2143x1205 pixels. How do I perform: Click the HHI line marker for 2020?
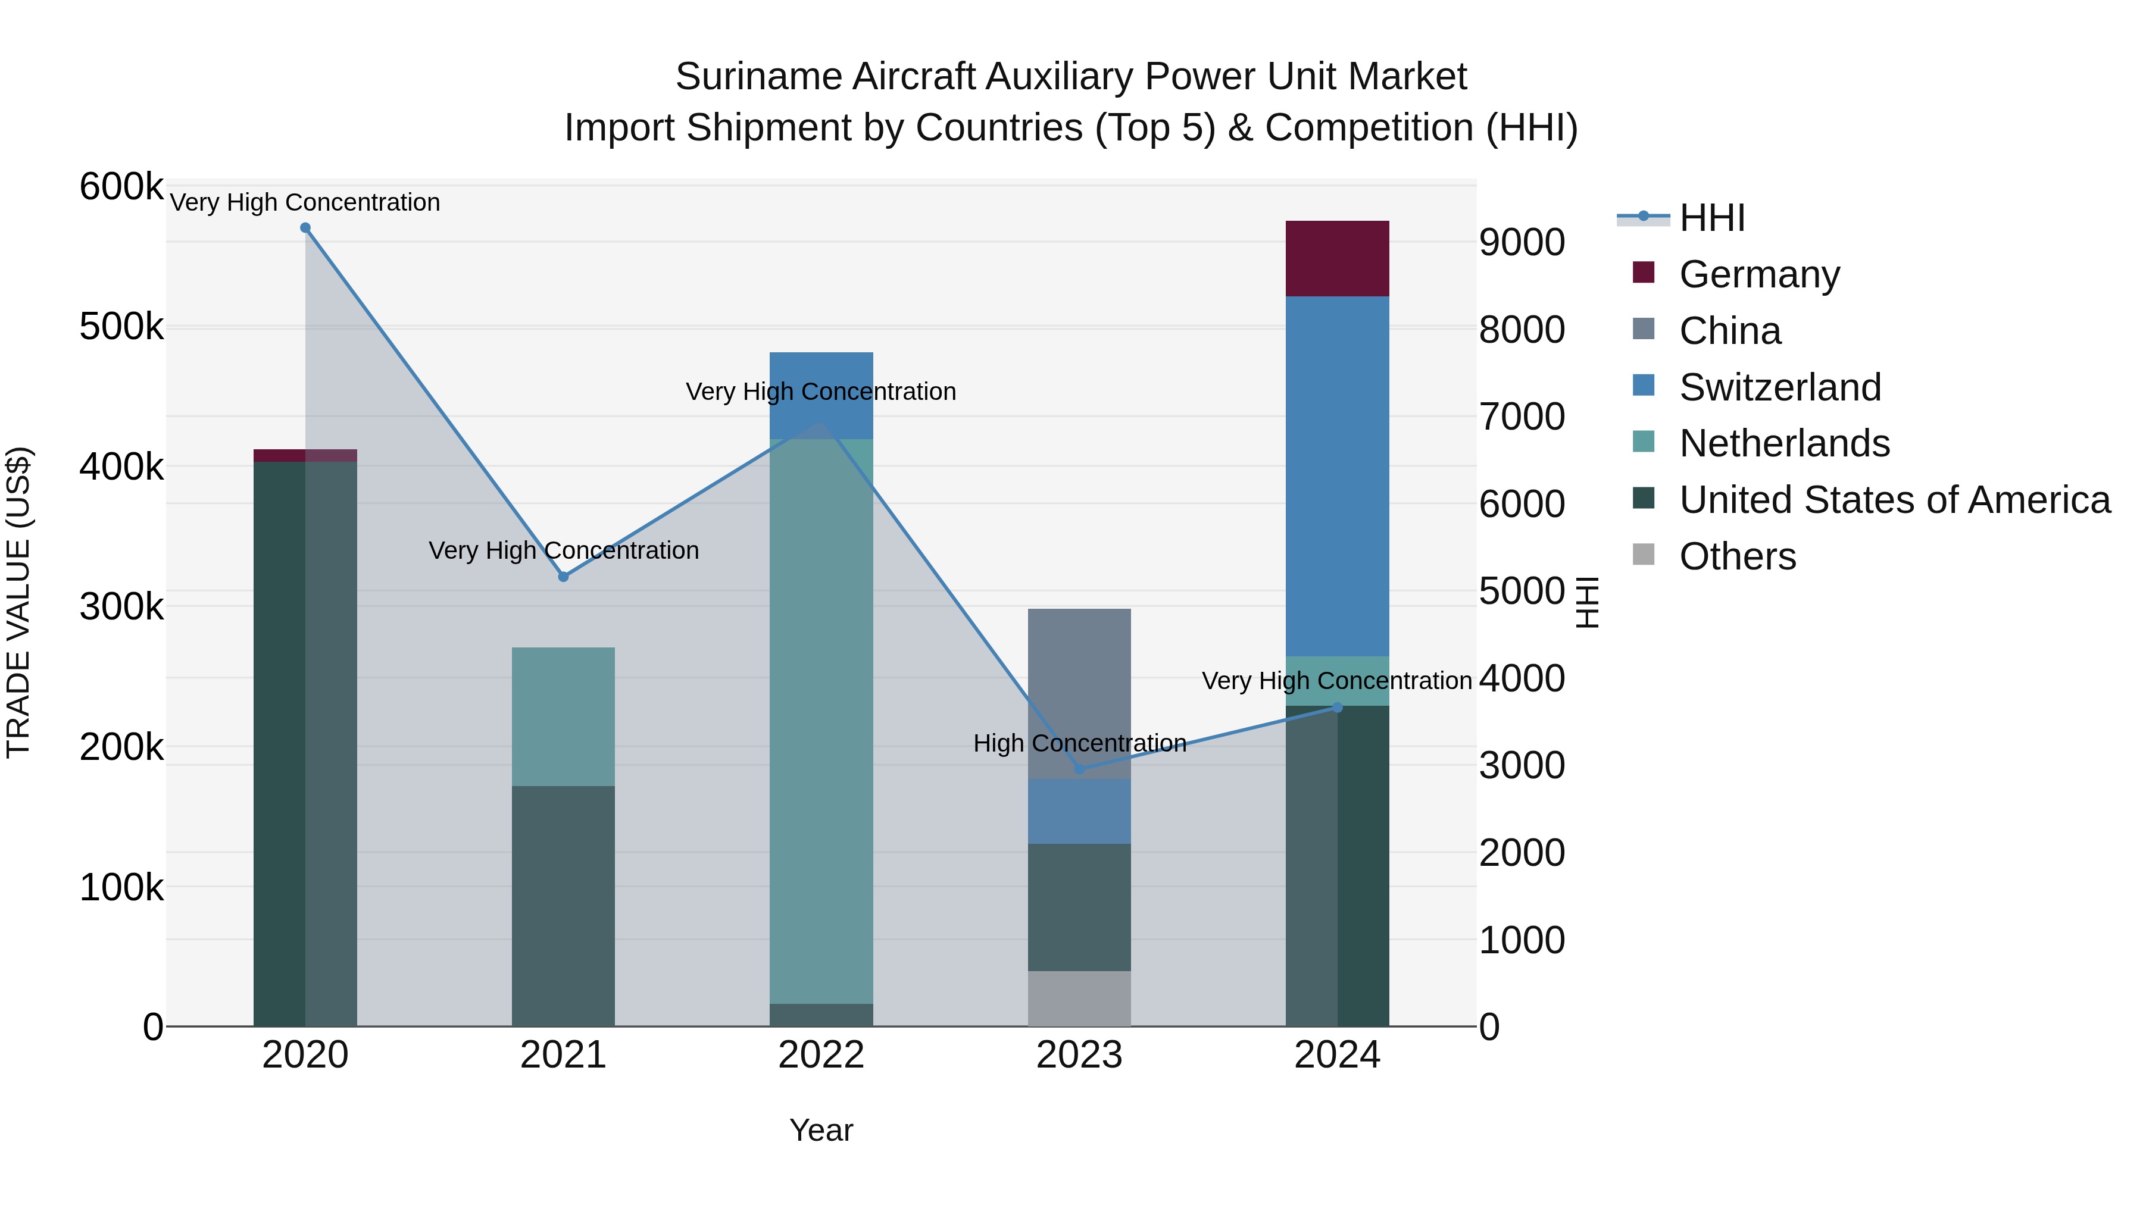click(x=305, y=228)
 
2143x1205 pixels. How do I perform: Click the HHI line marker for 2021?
click(x=563, y=576)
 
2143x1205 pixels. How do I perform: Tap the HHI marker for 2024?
click(x=1338, y=708)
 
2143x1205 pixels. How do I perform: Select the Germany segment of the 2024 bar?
click(x=1337, y=259)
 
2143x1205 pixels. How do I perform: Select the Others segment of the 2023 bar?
click(x=1079, y=998)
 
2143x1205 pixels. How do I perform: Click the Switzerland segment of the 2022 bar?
click(x=821, y=370)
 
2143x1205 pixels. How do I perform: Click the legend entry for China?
click(x=1729, y=331)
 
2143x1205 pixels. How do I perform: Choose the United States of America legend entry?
click(x=1894, y=500)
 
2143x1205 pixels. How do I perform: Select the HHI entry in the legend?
click(x=1711, y=218)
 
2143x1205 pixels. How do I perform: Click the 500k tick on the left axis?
click(x=121, y=327)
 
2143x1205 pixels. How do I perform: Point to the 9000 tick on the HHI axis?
click(x=1522, y=243)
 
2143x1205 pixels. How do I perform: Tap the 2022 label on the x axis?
click(x=821, y=1055)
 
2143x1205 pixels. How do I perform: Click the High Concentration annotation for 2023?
click(x=1079, y=743)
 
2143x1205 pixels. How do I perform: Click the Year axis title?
click(x=821, y=1130)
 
